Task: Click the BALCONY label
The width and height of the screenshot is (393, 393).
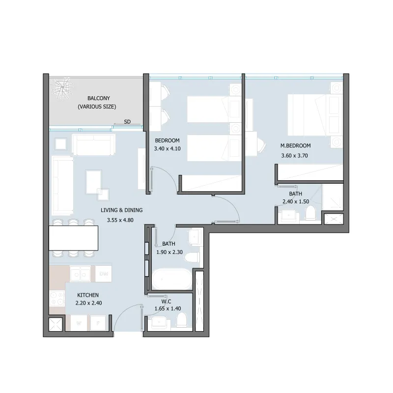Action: tap(99, 98)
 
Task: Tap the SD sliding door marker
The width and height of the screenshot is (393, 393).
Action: tap(127, 122)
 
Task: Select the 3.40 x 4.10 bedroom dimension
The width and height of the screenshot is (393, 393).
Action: tap(167, 149)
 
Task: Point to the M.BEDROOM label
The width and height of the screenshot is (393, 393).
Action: tap(296, 145)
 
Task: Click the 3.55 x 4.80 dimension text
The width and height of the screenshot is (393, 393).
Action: tap(120, 220)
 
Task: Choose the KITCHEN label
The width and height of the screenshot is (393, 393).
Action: tap(88, 295)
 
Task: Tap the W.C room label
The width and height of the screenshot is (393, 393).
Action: tap(166, 301)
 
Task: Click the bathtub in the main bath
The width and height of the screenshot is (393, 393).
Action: tap(171, 279)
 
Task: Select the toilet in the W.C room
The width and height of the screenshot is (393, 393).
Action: tap(182, 320)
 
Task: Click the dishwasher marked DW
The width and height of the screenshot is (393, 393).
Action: tap(104, 274)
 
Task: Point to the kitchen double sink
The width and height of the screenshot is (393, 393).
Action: tap(80, 274)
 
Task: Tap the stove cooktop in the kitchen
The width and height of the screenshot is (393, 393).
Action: tap(57, 298)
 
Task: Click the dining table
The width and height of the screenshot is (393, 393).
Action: tap(73, 238)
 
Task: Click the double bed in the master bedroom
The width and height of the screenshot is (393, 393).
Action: tap(315, 115)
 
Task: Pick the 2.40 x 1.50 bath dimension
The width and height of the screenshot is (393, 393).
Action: tap(296, 201)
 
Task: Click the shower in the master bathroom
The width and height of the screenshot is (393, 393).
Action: tap(332, 197)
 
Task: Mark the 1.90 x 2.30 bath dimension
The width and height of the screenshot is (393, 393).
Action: tap(169, 252)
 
